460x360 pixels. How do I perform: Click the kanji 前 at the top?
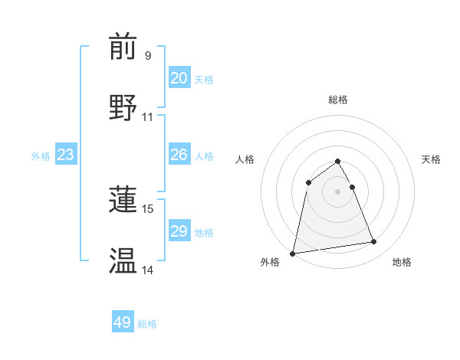pyautogui.click(x=123, y=47)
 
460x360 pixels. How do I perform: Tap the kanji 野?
pyautogui.click(x=123, y=107)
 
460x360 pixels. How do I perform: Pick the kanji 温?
pyautogui.click(x=123, y=260)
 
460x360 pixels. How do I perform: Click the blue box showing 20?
pyautogui.click(x=179, y=78)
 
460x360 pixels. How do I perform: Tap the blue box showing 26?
pyautogui.click(x=179, y=155)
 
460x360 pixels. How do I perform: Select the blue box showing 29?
pyautogui.click(x=179, y=231)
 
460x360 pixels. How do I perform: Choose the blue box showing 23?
pyautogui.click(x=65, y=155)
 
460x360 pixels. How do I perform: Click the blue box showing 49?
pyautogui.click(x=123, y=322)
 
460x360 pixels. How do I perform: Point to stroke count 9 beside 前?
pyautogui.click(x=148, y=56)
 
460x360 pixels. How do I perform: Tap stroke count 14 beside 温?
pyautogui.click(x=148, y=270)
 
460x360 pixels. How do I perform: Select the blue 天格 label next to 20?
pyautogui.click(x=204, y=80)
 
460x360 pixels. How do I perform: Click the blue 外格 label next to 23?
pyautogui.click(x=41, y=156)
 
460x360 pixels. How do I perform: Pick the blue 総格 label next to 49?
pyautogui.click(x=147, y=324)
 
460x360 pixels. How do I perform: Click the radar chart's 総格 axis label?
pyautogui.click(x=338, y=100)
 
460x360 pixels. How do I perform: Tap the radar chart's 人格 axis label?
pyautogui.click(x=245, y=159)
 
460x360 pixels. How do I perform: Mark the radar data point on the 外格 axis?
pyautogui.click(x=293, y=253)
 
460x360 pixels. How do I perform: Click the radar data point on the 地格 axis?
pyautogui.click(x=374, y=242)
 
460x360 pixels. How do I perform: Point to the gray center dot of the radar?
pyautogui.click(x=338, y=191)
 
